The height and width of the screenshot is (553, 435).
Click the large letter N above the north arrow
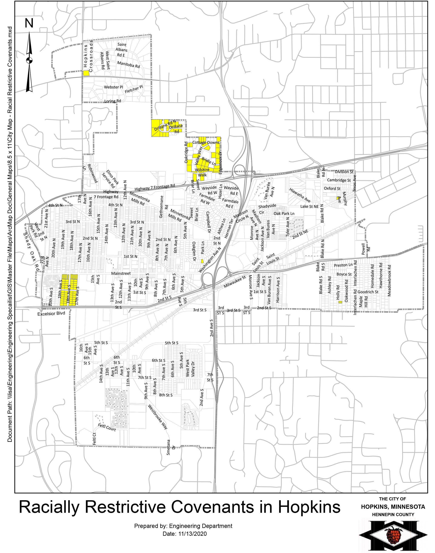[x=29, y=23]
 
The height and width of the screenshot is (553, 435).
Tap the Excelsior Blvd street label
[x=51, y=314]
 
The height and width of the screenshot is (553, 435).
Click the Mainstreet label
[x=121, y=274]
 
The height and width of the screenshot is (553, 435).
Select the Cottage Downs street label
[x=206, y=143]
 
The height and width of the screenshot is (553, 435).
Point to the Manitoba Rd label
[x=129, y=65]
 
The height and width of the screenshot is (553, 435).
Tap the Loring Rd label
[x=113, y=101]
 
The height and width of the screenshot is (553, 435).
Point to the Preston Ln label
[x=343, y=265]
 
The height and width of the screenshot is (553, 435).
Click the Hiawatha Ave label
[x=300, y=195]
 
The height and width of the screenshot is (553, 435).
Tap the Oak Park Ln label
[x=284, y=213]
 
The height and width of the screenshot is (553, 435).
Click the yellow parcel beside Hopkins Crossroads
[x=86, y=73]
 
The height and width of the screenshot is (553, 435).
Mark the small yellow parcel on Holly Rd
[x=340, y=302]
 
